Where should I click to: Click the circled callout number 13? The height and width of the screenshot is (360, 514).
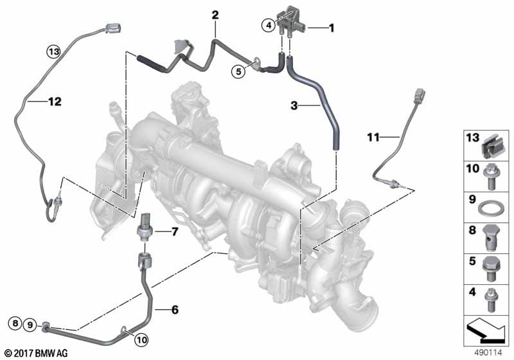[x=53, y=51]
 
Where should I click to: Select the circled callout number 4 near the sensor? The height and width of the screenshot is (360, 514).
[x=269, y=25]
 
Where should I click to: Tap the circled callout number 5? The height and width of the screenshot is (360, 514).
[x=238, y=71]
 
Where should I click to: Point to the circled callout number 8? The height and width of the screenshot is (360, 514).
[x=15, y=323]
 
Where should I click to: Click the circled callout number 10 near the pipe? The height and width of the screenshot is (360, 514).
[x=141, y=339]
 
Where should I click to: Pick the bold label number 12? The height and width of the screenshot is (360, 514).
[x=55, y=102]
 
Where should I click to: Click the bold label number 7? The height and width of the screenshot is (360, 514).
[x=174, y=232]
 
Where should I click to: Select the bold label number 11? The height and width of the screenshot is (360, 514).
[x=373, y=137]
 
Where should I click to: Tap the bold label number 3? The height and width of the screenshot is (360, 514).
[x=294, y=105]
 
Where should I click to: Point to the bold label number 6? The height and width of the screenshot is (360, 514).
[x=175, y=309]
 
